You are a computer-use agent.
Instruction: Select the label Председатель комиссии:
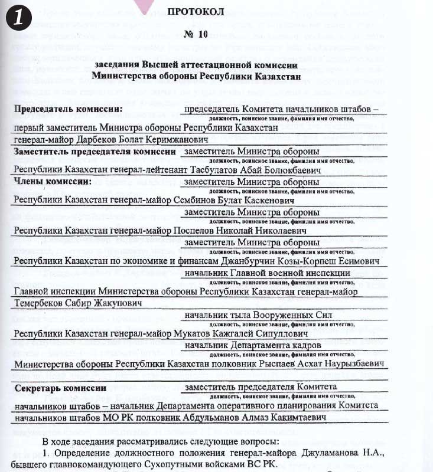pyautogui.click(x=69, y=109)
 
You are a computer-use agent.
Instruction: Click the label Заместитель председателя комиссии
pyautogui.click(x=95, y=152)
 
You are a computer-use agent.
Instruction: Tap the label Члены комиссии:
pyautogui.click(x=53, y=182)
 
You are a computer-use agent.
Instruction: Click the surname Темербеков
pyautogui.click(x=42, y=303)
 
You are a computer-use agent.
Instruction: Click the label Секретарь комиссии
pyautogui.click(x=60, y=388)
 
